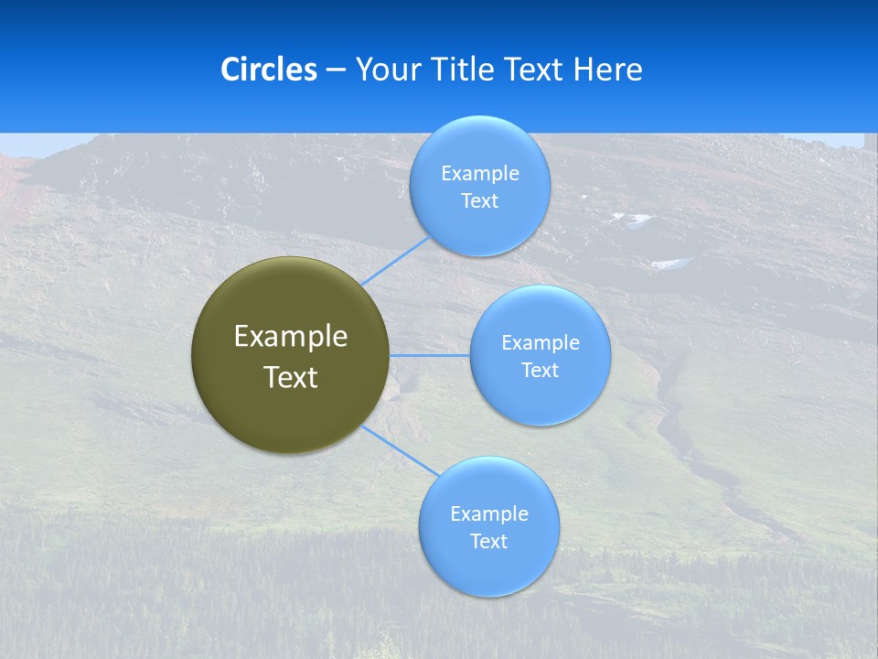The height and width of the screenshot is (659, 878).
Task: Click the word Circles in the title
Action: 268,70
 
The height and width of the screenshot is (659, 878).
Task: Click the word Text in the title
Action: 536,70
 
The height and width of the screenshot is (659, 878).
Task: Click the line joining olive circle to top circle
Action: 395,260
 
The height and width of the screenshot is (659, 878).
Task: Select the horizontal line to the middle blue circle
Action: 430,355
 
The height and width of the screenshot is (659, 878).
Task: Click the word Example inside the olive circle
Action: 291,337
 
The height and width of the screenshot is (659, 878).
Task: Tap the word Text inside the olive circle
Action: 291,377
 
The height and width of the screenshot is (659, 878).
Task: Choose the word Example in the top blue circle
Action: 480,173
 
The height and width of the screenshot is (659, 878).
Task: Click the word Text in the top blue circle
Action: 479,200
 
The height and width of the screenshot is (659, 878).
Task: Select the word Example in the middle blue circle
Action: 541,342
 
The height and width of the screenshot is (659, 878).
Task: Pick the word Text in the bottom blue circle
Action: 488,541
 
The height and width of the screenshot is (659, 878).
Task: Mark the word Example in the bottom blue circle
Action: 489,513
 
